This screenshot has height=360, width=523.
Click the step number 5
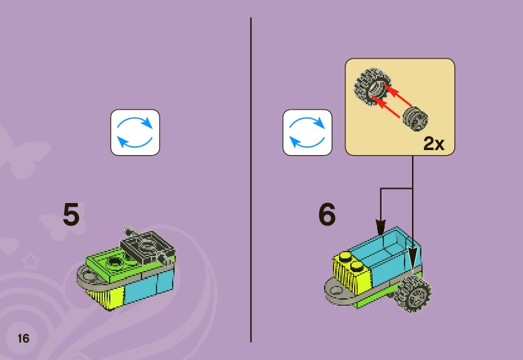(x=71, y=215)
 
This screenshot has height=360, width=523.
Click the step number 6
(x=327, y=215)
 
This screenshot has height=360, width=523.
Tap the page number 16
(x=23, y=339)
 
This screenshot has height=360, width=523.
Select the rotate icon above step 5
(x=135, y=132)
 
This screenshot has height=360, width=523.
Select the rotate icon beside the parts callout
(x=307, y=132)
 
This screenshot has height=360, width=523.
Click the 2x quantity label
(x=433, y=144)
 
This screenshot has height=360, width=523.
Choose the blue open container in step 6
(x=386, y=249)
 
